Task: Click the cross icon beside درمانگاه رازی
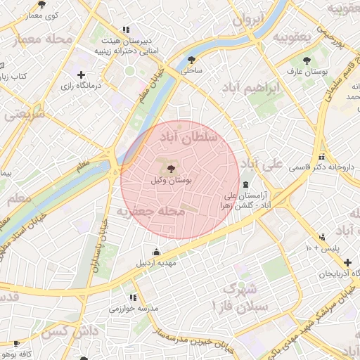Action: click(x=81, y=75)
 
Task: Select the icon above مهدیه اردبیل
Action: click(x=155, y=252)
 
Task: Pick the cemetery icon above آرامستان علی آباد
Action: click(x=245, y=184)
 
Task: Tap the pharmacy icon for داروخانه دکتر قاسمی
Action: click(x=321, y=157)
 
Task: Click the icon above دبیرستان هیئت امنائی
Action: click(x=125, y=30)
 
